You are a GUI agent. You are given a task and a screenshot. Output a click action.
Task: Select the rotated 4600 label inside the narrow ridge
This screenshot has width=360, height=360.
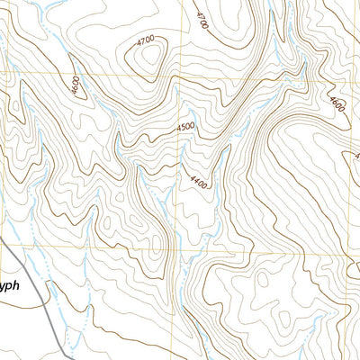(74, 88)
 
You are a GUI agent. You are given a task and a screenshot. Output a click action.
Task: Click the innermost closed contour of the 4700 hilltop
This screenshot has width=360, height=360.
(147, 61)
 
